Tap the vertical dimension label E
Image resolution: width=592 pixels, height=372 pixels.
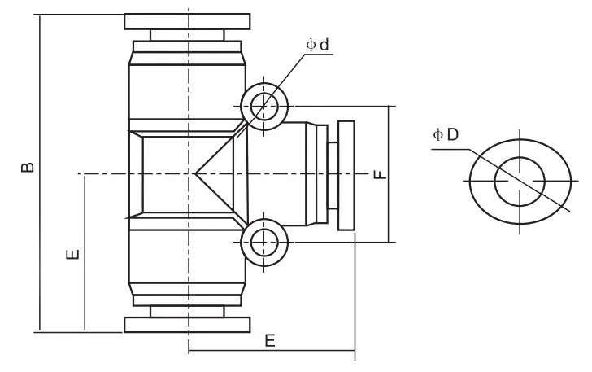[x=72, y=256]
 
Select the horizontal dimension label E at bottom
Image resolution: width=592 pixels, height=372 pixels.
[x=270, y=340]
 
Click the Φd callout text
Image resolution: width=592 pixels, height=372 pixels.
[x=319, y=46]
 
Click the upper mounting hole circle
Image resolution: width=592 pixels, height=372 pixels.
[x=263, y=105]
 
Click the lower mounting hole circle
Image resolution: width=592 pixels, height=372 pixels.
[x=263, y=242]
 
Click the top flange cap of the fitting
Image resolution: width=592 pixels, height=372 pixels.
[x=187, y=20]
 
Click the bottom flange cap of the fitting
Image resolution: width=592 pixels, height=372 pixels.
[x=187, y=325]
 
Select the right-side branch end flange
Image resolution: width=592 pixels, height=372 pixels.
[x=347, y=175]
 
